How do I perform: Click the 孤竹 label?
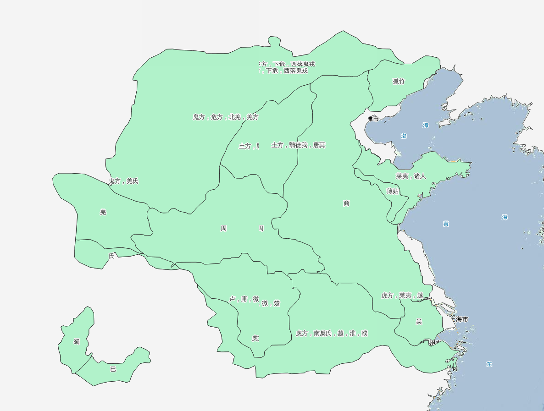click(399, 82)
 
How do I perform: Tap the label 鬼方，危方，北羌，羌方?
click(226, 117)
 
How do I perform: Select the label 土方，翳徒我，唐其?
click(298, 145)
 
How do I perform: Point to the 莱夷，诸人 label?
click(411, 176)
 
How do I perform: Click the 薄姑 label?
click(393, 191)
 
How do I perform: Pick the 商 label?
click(346, 203)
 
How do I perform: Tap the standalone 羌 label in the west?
click(103, 212)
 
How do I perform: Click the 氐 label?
click(111, 256)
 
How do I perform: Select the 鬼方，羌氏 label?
click(123, 181)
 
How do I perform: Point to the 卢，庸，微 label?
click(244, 299)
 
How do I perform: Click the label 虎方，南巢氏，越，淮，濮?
click(332, 334)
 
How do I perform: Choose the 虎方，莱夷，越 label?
click(402, 296)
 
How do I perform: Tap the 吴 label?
click(419, 322)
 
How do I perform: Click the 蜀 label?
click(77, 341)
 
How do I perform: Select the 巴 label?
click(113, 369)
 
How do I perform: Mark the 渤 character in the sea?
click(404, 136)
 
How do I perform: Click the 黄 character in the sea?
click(446, 224)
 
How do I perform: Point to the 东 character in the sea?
click(489, 364)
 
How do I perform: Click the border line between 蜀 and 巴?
click(83, 363)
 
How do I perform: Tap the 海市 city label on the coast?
click(461, 319)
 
